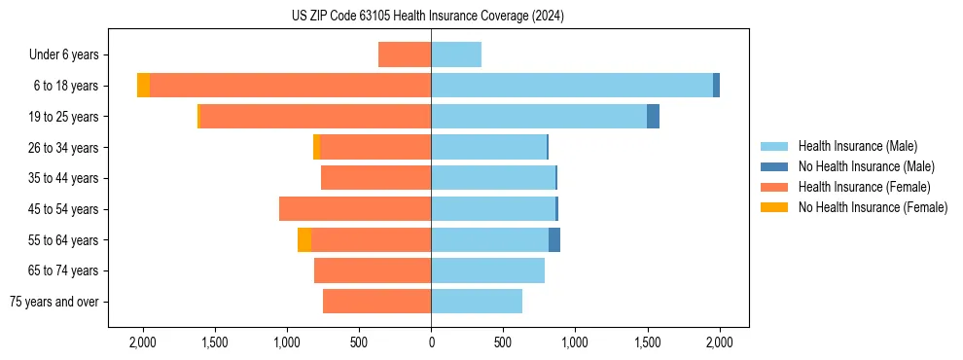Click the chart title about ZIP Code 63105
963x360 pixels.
427,16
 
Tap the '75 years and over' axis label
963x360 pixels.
54,302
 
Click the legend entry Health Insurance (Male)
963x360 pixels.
857,146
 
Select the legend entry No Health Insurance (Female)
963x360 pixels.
873,207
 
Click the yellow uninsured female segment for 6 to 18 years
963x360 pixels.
143,86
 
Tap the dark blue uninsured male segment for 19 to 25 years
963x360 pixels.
653,117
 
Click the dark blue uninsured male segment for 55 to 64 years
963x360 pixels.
554,240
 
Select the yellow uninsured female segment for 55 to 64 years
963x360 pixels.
304,240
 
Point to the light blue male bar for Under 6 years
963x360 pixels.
456,55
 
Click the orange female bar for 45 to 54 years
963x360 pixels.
355,209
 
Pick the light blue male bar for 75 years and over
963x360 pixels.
477,302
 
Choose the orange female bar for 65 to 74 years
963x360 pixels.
373,270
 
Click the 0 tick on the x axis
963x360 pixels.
431,342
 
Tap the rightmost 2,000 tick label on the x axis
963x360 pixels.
719,342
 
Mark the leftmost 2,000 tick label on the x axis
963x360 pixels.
143,342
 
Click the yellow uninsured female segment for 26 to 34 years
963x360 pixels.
316,148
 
